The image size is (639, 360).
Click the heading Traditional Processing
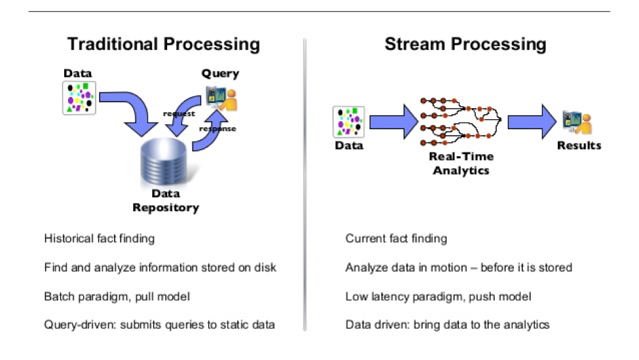click(164, 45)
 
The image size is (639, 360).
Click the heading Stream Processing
click(465, 45)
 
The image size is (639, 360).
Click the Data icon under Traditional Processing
click(79, 98)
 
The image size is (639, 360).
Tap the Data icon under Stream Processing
click(348, 122)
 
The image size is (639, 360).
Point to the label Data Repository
click(165, 201)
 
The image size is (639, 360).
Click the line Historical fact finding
click(100, 239)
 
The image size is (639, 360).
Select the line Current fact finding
click(396, 239)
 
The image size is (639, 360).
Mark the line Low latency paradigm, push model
click(438, 296)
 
